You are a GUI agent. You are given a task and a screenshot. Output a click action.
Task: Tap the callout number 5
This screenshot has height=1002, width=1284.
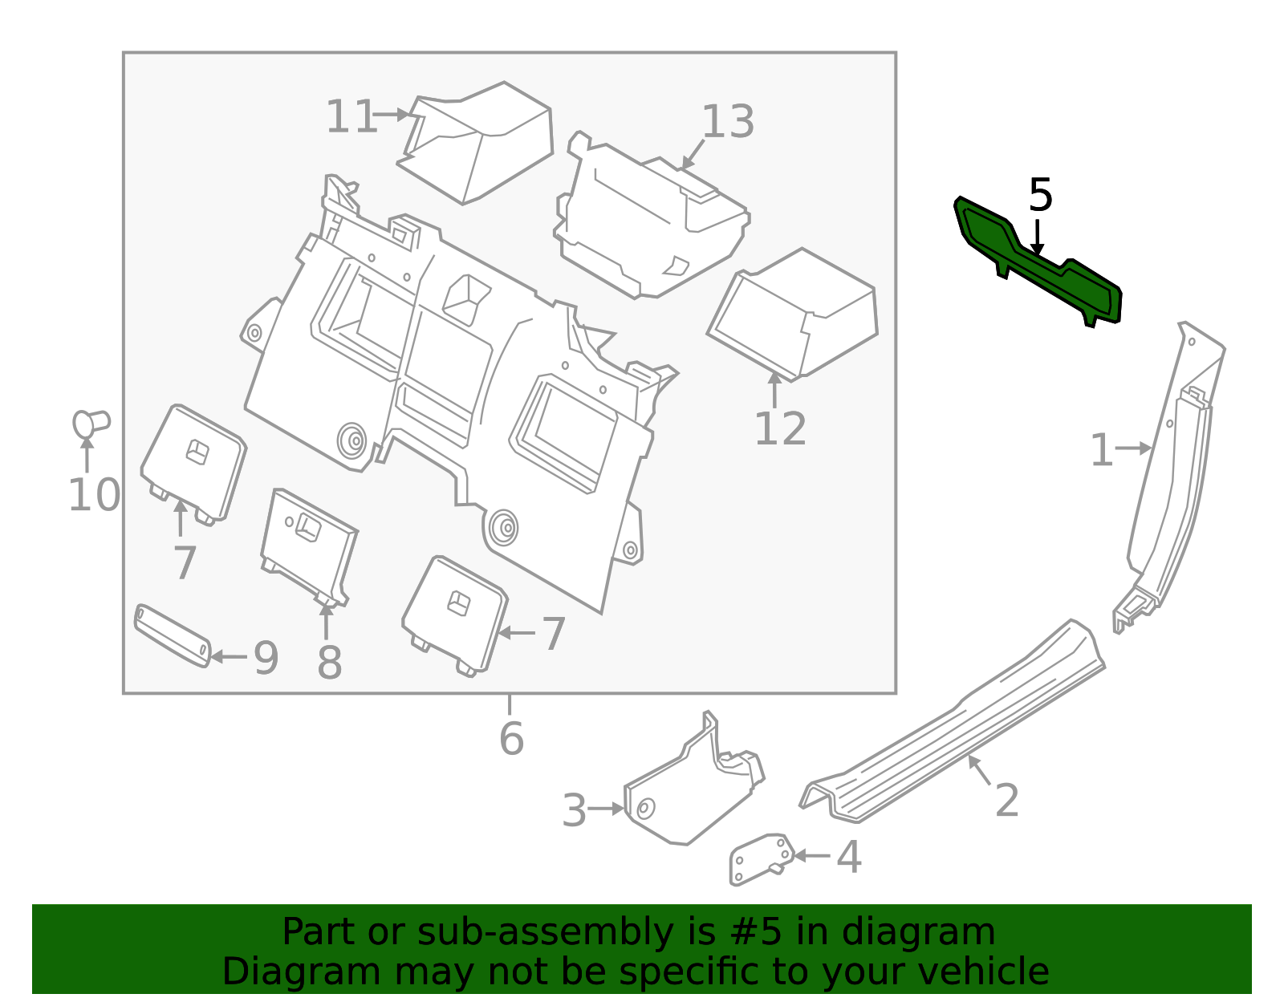1040,196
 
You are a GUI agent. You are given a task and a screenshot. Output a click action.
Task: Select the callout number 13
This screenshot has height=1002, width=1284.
728,123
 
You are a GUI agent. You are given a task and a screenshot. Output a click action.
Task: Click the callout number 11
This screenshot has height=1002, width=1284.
351,117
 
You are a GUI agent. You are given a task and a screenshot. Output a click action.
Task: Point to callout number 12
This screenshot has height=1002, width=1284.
780,429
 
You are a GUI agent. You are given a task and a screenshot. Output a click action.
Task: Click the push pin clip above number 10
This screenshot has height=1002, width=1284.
90,423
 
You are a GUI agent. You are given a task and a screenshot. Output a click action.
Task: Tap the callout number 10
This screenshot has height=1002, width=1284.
94,495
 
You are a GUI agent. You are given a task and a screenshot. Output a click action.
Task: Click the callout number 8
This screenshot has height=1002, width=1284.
329,663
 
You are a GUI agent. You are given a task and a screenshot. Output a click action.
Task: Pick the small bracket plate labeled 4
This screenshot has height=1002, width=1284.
758,858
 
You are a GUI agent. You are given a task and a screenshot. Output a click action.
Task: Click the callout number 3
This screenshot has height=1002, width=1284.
575,810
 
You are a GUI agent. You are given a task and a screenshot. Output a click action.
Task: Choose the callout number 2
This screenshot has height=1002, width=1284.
1006,800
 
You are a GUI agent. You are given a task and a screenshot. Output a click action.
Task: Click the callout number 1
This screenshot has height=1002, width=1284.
1102,451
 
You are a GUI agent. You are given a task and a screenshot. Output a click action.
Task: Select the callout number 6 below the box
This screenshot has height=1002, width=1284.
511,739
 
